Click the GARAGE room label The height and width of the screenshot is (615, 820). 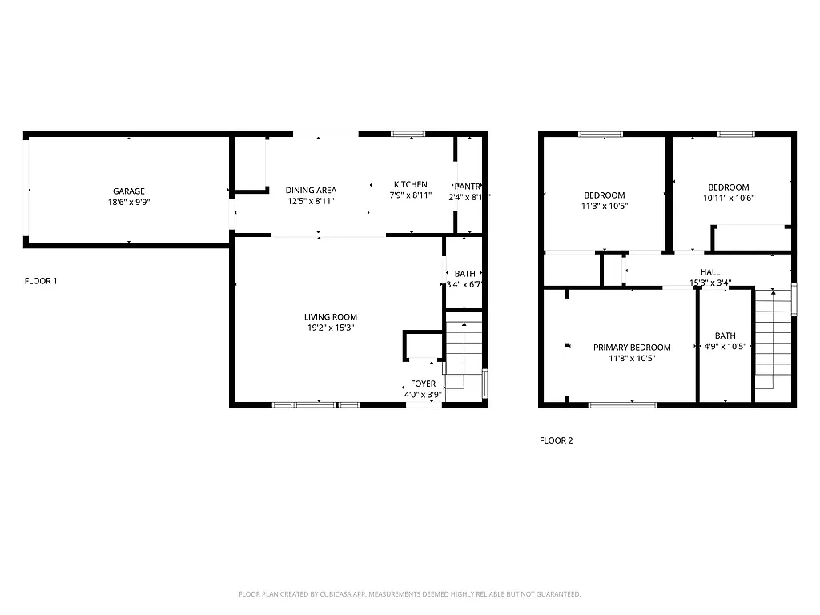click(x=128, y=191)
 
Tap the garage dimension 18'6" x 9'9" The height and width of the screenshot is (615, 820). click(x=128, y=203)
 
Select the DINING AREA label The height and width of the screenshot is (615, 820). click(x=311, y=191)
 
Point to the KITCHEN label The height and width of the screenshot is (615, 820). click(x=410, y=184)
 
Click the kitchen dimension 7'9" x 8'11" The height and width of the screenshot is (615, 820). click(x=410, y=195)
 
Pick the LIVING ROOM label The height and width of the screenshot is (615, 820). click(x=330, y=317)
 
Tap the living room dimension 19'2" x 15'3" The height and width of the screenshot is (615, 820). click(x=330, y=328)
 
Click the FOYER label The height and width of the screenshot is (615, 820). click(x=423, y=384)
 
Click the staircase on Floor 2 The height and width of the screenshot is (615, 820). click(x=773, y=340)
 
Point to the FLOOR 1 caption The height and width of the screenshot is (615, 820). click(x=42, y=281)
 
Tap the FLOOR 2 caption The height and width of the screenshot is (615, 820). click(x=556, y=440)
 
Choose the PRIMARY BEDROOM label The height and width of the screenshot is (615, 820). click(x=632, y=348)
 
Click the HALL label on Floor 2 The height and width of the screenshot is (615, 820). click(x=709, y=272)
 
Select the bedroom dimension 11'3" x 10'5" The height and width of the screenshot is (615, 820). click(x=604, y=207)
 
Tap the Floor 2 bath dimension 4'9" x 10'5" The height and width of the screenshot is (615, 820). click(x=725, y=347)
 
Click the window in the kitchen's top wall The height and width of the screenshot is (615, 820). click(x=408, y=134)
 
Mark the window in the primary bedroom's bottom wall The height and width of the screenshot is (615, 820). click(x=622, y=404)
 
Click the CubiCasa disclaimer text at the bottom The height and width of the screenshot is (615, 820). click(x=409, y=594)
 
